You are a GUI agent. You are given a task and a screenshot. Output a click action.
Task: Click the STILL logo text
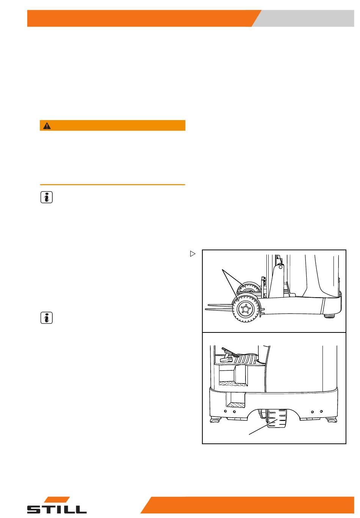[x=57, y=509]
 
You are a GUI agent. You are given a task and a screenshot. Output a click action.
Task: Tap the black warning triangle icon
[x=47, y=126]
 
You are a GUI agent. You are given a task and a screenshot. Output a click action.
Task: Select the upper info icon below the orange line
[x=47, y=197]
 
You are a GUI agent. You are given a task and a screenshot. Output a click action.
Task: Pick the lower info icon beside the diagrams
[x=47, y=318]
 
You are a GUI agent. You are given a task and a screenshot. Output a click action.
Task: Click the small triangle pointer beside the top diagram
[x=193, y=254]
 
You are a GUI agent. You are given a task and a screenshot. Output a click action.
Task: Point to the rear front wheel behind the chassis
[x=249, y=289]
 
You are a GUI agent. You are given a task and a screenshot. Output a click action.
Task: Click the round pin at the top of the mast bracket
[x=280, y=267]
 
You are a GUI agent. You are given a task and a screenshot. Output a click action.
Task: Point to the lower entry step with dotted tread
[x=236, y=405]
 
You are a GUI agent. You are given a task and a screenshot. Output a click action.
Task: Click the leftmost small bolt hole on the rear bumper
[x=225, y=411]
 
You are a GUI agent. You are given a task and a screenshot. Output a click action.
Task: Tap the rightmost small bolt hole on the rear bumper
[x=321, y=411]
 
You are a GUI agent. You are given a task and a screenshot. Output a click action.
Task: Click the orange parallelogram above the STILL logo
[x=57, y=499]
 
